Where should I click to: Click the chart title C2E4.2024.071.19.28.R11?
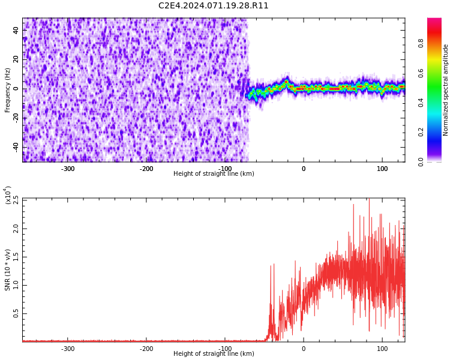tap(214, 6)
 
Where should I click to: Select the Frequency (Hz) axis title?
tap(8, 90)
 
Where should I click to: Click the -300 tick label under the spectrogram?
tap(68, 169)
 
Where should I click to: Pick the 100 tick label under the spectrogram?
tap(382, 169)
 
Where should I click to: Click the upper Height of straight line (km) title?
tap(214, 174)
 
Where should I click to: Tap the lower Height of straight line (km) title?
tap(214, 354)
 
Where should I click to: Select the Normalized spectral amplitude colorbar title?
tap(446, 90)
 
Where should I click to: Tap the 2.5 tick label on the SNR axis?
tap(16, 200)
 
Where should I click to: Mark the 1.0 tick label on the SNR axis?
tap(16, 285)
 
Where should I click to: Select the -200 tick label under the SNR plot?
tap(146, 349)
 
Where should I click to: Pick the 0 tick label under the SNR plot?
tap(304, 349)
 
